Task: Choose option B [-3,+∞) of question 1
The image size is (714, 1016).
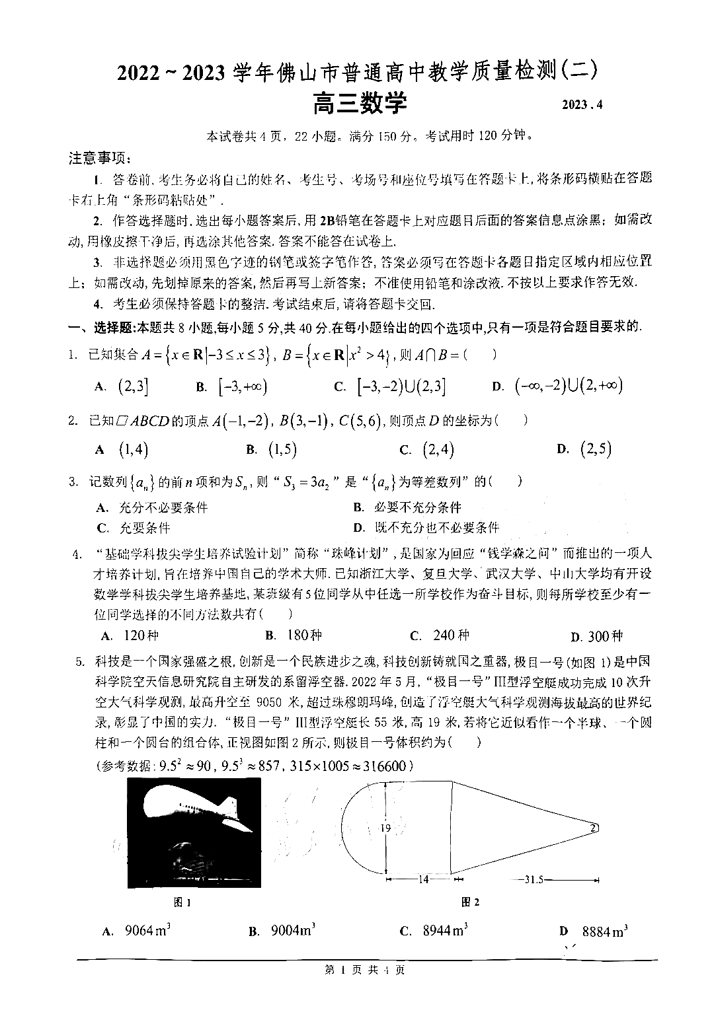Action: pos(233,387)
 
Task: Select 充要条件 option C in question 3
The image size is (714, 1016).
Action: pos(134,528)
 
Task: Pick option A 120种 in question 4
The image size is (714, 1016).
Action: pos(131,635)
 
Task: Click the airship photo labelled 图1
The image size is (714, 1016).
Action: pos(194,833)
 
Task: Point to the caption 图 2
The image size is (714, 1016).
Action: pos(469,902)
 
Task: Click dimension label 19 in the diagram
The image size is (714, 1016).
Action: pos(386,828)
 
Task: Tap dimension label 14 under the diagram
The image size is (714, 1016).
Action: pos(424,879)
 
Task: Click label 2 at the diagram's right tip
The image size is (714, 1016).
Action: pos(593,827)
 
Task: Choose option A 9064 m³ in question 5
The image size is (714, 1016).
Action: pos(138,931)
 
